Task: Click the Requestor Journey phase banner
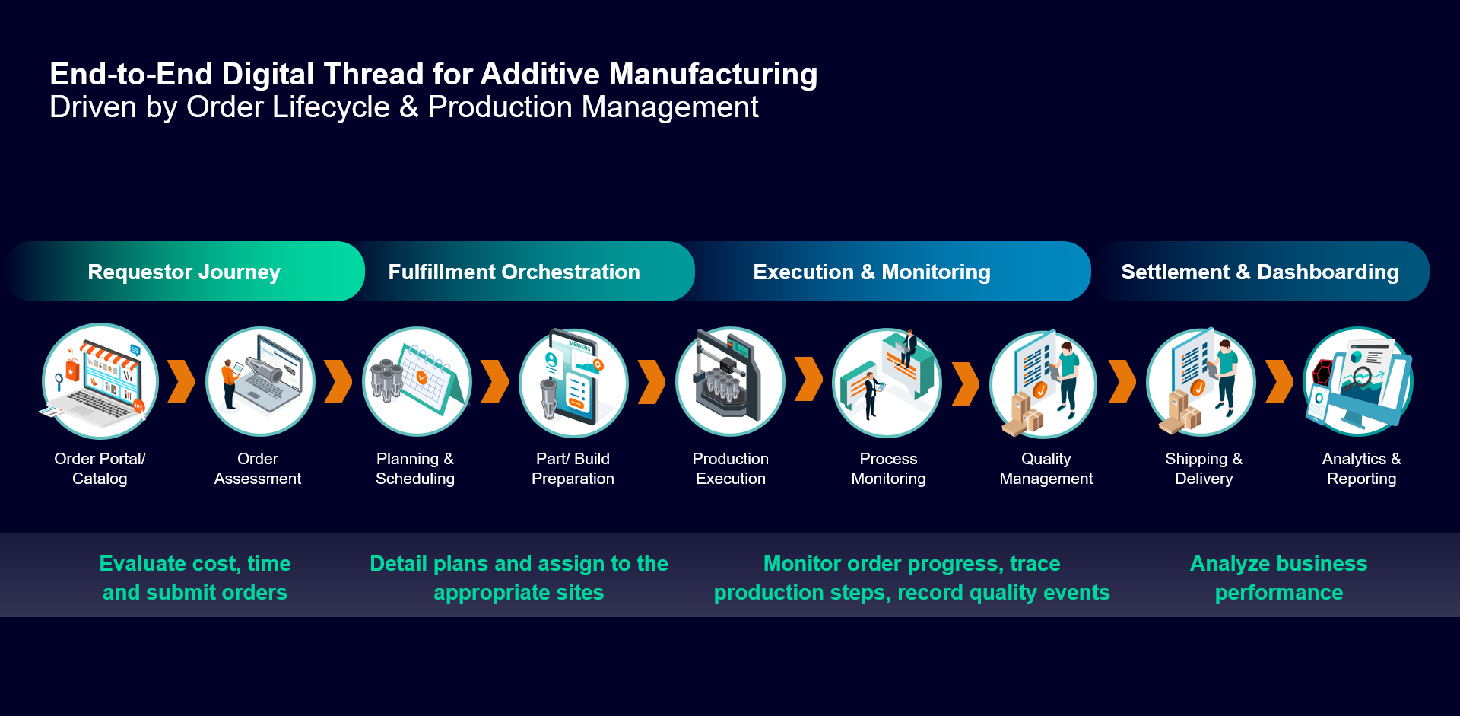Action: click(x=184, y=272)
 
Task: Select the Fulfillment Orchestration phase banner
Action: click(x=514, y=272)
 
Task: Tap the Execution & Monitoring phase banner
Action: click(x=871, y=272)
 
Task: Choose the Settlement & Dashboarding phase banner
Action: click(x=1260, y=272)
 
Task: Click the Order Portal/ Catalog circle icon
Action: click(x=100, y=381)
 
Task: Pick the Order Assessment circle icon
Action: click(x=260, y=381)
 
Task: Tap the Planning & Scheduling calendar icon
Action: click(x=417, y=381)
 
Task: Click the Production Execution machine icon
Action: click(x=730, y=381)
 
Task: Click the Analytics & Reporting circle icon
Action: click(x=1358, y=381)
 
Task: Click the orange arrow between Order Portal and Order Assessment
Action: click(x=181, y=381)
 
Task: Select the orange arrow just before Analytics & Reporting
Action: click(x=1279, y=381)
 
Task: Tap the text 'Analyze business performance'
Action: click(x=1278, y=578)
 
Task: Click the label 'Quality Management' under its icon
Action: click(x=1046, y=469)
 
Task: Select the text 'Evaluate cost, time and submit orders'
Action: click(x=195, y=578)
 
